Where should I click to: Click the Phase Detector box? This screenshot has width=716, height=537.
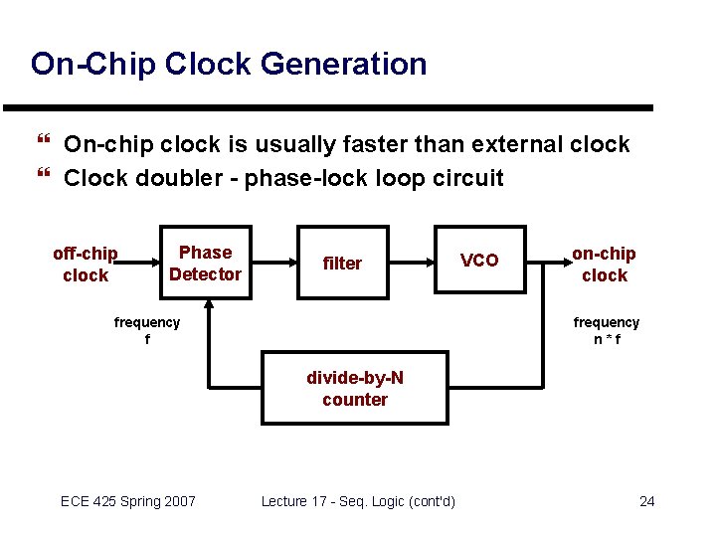pyautogui.click(x=206, y=264)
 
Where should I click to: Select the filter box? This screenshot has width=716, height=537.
pyautogui.click(x=342, y=264)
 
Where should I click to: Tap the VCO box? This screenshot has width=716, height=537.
pyautogui.click(x=479, y=261)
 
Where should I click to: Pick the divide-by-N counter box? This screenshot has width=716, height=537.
pyautogui.click(x=355, y=389)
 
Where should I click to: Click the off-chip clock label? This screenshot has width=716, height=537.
pyautogui.click(x=86, y=265)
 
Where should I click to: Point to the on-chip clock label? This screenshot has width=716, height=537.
pyautogui.click(x=604, y=265)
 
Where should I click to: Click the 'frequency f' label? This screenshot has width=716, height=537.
pyautogui.click(x=147, y=330)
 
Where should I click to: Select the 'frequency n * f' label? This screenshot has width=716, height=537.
pyautogui.click(x=606, y=330)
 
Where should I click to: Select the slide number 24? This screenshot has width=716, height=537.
pyautogui.click(x=646, y=501)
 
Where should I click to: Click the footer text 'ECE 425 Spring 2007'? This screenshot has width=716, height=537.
pyautogui.click(x=128, y=501)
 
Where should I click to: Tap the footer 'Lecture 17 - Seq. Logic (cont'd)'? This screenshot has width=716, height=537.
pyautogui.click(x=358, y=501)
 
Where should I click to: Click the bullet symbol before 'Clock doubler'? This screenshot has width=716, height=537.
pyautogui.click(x=42, y=178)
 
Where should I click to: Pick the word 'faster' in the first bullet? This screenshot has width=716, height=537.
pyautogui.click(x=378, y=145)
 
